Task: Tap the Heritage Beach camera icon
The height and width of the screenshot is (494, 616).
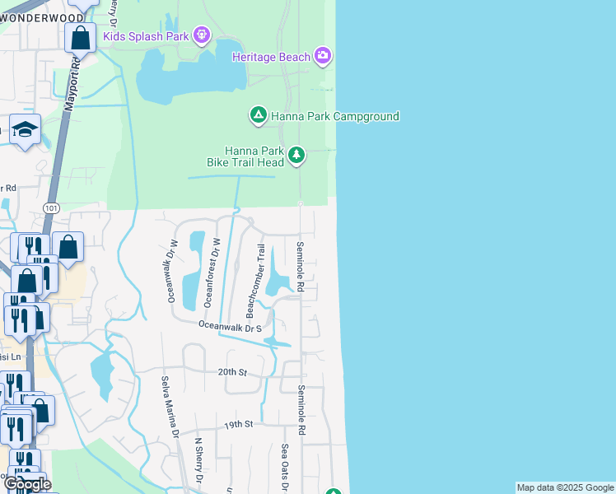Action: point(323,57)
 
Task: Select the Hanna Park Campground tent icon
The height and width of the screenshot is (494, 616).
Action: point(258,116)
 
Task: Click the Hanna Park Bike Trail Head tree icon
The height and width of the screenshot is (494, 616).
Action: point(296,155)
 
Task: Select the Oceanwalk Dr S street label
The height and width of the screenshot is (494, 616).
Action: point(230,327)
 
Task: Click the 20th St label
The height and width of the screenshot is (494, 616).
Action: point(232,372)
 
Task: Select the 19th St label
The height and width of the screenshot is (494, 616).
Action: point(237,424)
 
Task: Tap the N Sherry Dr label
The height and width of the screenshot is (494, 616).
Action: point(198,459)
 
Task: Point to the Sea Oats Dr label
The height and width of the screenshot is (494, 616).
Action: point(285,466)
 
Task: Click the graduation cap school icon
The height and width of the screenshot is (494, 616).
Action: point(26,129)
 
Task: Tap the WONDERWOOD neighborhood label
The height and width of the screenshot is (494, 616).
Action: point(42,17)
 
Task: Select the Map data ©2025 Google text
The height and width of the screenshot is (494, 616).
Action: point(564,487)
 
